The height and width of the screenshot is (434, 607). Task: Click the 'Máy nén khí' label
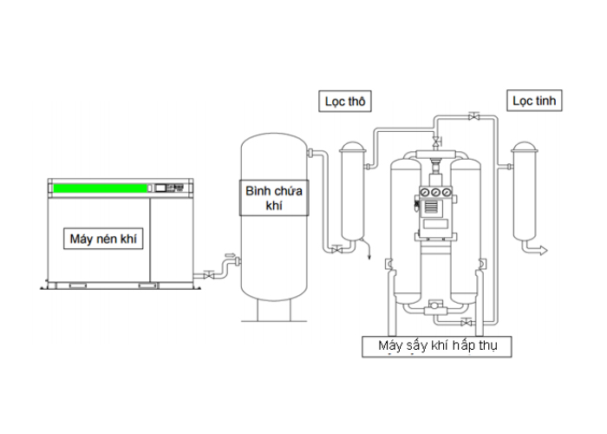click(x=103, y=239)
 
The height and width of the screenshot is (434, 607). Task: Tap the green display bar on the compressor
click(x=101, y=188)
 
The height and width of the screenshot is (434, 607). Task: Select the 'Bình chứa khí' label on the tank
click(x=274, y=198)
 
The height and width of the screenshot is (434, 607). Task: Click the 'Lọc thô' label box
click(x=345, y=102)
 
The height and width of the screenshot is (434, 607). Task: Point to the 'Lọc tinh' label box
click(x=534, y=101)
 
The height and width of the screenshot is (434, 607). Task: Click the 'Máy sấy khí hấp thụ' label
click(x=437, y=346)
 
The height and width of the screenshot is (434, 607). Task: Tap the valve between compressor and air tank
click(x=209, y=275)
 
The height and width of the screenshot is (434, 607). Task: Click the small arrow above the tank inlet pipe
click(x=231, y=255)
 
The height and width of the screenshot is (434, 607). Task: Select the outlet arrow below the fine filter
click(x=543, y=251)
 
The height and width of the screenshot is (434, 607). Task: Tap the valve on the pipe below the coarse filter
click(x=337, y=250)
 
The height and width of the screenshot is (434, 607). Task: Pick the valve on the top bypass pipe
click(x=473, y=116)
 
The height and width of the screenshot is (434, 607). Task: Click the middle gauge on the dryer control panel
click(x=436, y=192)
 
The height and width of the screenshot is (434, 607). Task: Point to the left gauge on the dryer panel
click(x=426, y=192)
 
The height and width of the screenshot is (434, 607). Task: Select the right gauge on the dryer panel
click(x=447, y=192)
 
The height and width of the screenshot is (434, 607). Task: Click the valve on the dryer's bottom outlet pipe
click(x=467, y=322)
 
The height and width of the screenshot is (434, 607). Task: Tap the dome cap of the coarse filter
click(x=352, y=147)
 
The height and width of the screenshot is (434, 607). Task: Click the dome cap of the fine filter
click(x=524, y=147)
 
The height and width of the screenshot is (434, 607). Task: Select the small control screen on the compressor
click(x=160, y=188)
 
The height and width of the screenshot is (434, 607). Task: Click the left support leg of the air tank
click(x=258, y=311)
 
